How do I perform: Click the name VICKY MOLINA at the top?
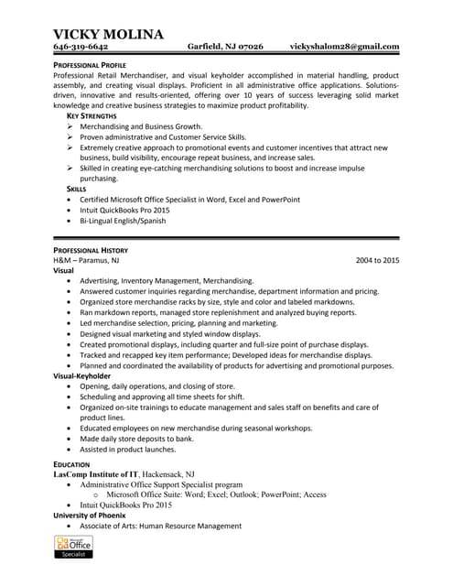pyautogui.click(x=108, y=34)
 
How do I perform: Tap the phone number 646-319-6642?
pyautogui.click(x=81, y=47)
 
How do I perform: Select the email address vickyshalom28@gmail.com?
pyautogui.click(x=344, y=47)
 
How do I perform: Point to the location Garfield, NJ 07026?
pyautogui.click(x=225, y=47)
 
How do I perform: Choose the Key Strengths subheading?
pyautogui.click(x=92, y=116)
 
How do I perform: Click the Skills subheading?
pyautogui.click(x=77, y=189)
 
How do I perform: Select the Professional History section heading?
pyautogui.click(x=91, y=250)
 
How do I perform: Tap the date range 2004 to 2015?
pyautogui.click(x=377, y=261)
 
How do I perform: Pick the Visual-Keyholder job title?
pyautogui.click(x=81, y=376)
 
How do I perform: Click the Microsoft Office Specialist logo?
pyautogui.click(x=74, y=548)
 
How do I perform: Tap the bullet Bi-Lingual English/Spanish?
pyautogui.click(x=135, y=221)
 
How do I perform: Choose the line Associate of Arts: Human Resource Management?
pyautogui.click(x=160, y=526)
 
